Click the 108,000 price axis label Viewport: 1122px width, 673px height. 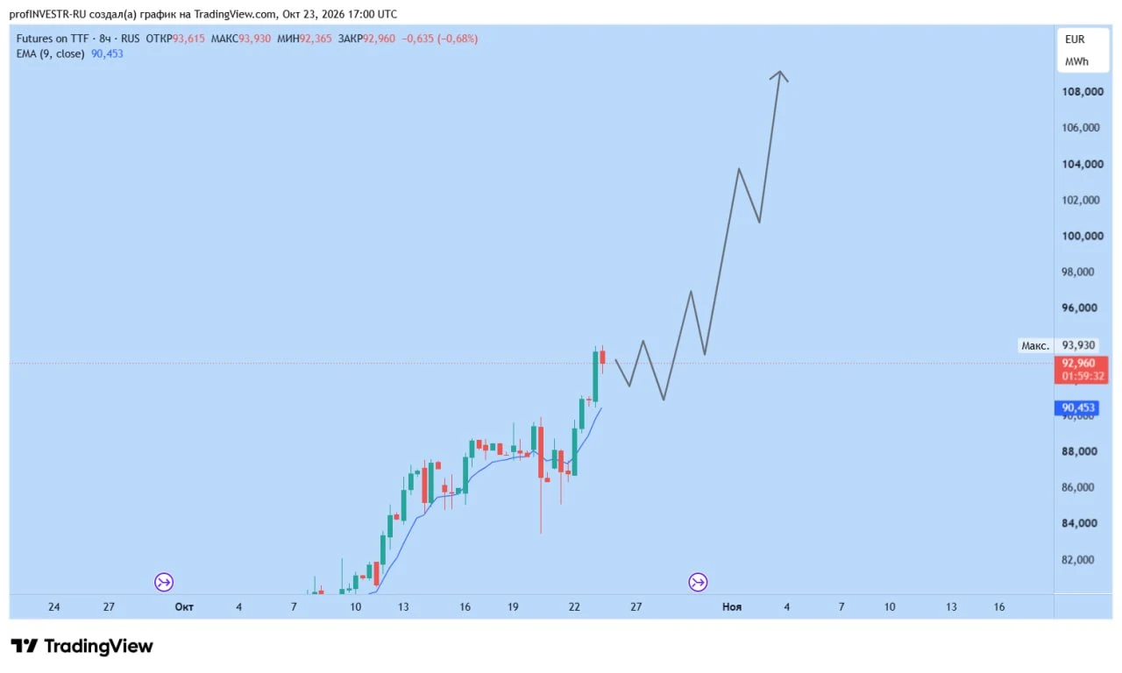tap(1083, 92)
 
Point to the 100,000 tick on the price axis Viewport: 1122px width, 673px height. tap(1083, 236)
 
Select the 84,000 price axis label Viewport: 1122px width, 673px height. tap(1083, 523)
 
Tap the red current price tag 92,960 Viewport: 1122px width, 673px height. tap(1081, 370)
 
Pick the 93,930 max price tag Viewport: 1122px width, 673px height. tap(1078, 345)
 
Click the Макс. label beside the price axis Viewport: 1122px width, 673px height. tap(1035, 345)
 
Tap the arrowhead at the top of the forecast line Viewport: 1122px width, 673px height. tap(779, 72)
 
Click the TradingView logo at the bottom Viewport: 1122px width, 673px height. tap(82, 646)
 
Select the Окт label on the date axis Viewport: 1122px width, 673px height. tap(184, 607)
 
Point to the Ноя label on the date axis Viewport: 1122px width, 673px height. tap(732, 607)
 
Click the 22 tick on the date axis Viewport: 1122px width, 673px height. tap(574, 607)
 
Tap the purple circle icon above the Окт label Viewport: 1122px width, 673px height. tap(164, 582)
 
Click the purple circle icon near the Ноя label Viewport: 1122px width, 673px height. tap(698, 582)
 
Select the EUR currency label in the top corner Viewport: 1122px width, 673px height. tap(1075, 39)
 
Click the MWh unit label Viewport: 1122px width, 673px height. tap(1077, 61)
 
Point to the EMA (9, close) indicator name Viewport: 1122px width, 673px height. tap(50, 53)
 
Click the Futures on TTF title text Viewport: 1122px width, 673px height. tap(52, 39)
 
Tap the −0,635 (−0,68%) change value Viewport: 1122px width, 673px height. tap(440, 39)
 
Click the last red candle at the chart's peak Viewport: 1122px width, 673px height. tap(602, 358)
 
